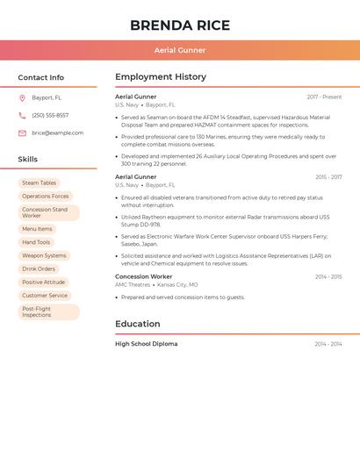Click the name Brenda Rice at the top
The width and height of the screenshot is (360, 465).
(180, 25)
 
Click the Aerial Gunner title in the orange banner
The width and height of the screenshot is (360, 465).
(180, 51)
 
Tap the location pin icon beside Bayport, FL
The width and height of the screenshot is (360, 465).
(22, 98)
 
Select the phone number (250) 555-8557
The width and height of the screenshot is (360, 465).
(50, 116)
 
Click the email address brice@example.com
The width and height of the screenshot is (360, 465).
(57, 133)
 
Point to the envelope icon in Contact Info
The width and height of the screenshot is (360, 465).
(22, 133)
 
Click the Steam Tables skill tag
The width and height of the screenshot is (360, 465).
(39, 183)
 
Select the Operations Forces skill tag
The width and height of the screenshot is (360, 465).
(45, 197)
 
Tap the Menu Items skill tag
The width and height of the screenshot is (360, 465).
(37, 229)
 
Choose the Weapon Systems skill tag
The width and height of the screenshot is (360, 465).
(44, 256)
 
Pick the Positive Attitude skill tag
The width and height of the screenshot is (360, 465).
(44, 283)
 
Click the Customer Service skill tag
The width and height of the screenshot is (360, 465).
(45, 296)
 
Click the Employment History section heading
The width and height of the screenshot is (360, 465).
(161, 77)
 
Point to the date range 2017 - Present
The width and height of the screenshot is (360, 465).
(324, 97)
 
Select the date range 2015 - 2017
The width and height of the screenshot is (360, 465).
(328, 177)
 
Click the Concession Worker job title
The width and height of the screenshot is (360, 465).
(143, 276)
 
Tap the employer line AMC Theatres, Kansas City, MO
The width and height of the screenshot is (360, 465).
(156, 285)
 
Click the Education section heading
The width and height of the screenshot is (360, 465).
(139, 324)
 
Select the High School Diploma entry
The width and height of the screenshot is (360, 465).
(146, 344)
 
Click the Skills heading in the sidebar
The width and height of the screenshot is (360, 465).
(28, 160)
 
